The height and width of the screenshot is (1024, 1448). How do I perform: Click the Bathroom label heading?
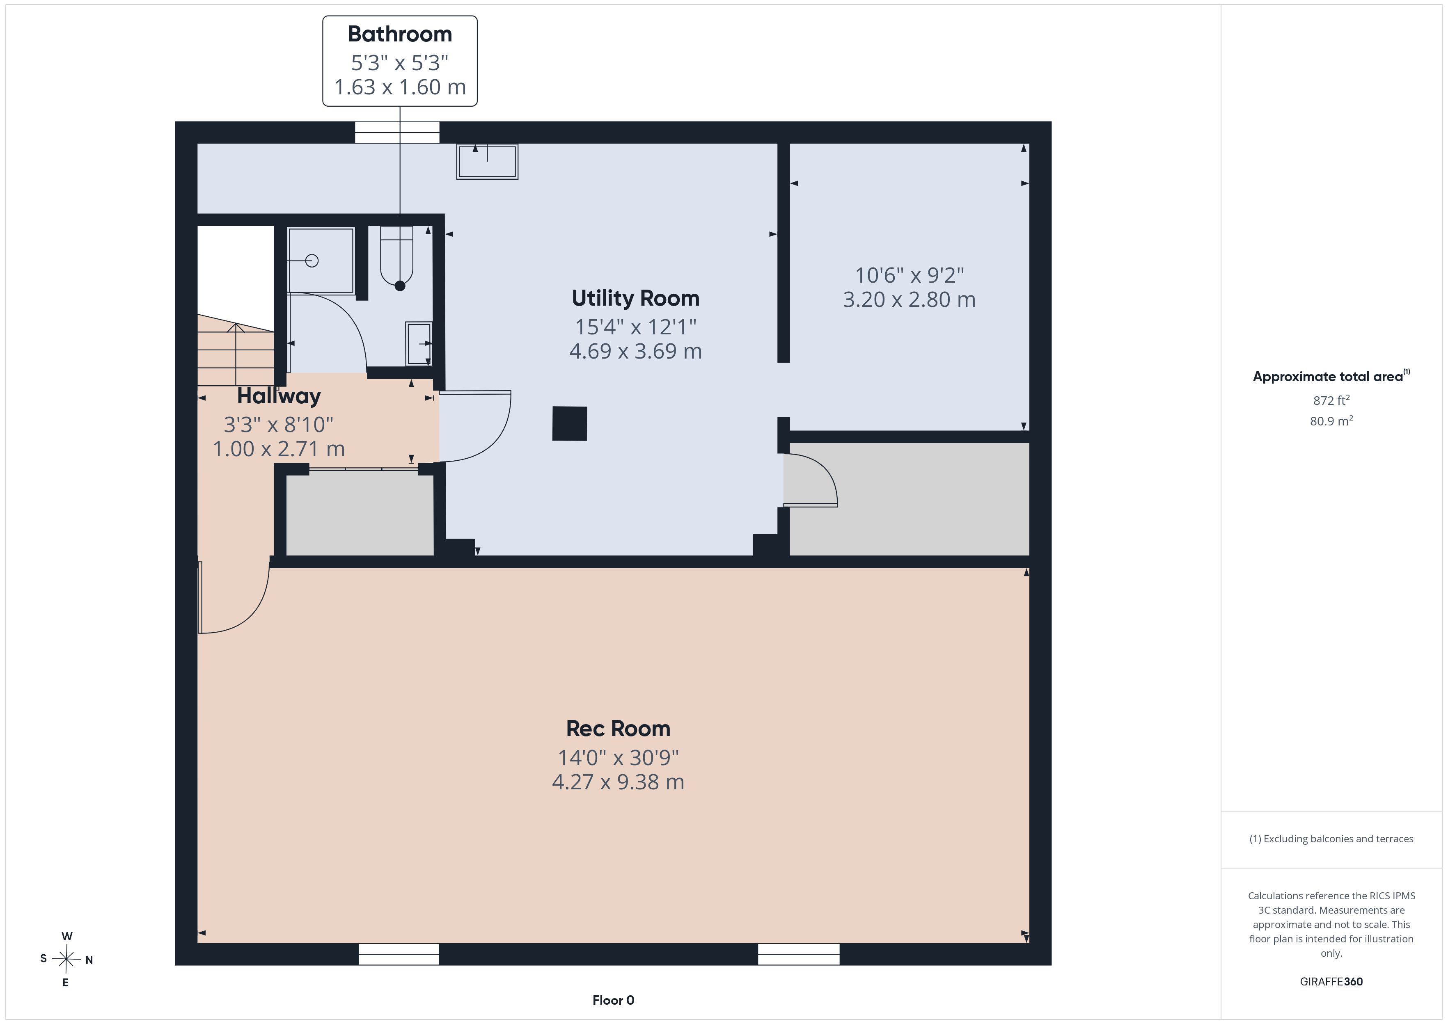point(400,34)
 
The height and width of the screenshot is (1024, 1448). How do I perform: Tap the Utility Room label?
point(635,298)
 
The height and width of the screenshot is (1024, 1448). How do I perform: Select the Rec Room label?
point(618,729)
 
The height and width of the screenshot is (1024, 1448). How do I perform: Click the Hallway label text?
point(279,396)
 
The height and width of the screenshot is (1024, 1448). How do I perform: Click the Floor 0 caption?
point(613,1000)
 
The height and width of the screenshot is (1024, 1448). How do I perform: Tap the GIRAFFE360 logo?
point(1331,981)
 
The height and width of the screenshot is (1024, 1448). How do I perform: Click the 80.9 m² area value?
point(1331,421)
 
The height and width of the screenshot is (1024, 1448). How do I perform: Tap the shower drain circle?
point(312,261)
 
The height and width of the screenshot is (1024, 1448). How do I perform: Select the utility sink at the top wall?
point(487,161)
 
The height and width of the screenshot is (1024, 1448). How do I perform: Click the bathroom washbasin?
point(419,344)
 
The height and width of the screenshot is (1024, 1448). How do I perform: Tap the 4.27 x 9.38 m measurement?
point(618,782)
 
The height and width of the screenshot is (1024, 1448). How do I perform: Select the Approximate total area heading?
point(1331,377)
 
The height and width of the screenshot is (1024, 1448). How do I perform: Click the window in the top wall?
point(397,133)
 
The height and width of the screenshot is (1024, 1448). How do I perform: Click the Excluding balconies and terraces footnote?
point(1331,839)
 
